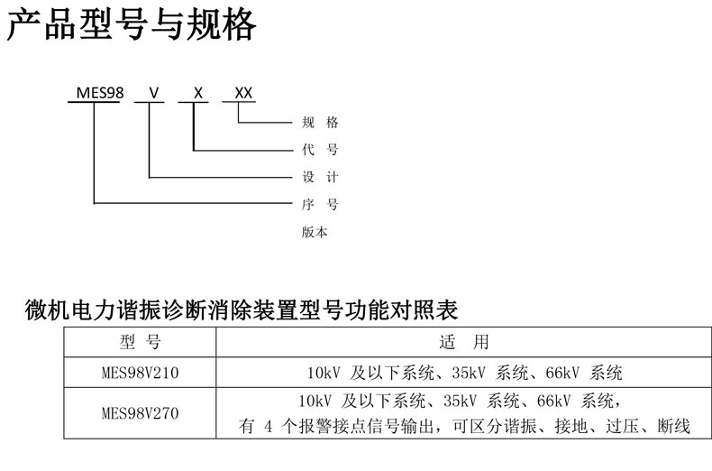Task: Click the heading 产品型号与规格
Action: [x=132, y=27]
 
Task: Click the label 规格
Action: [x=319, y=123]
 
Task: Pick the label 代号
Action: [x=319, y=150]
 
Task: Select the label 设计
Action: [x=319, y=177]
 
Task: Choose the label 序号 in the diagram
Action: [x=319, y=204]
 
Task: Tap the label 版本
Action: [x=315, y=232]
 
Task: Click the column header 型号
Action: [x=140, y=342]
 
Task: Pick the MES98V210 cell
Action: [x=140, y=372]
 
